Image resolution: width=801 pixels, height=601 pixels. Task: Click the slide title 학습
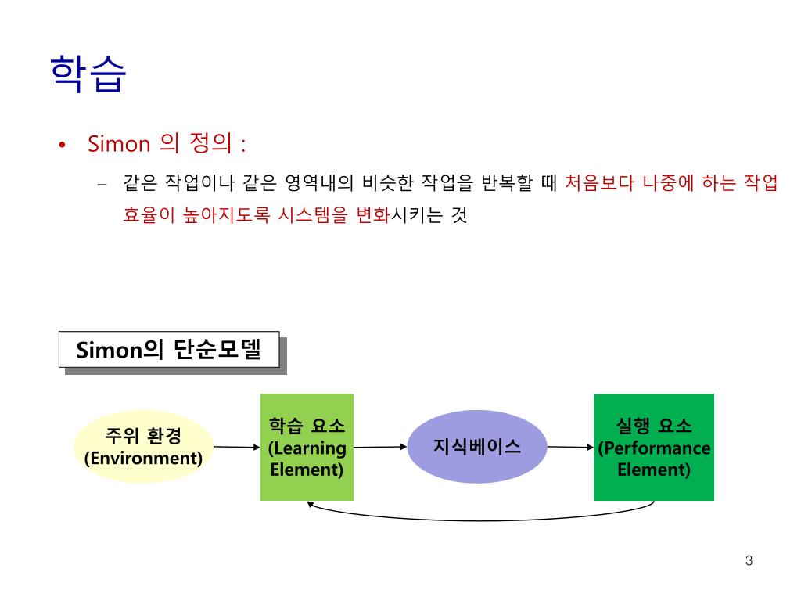click(x=86, y=74)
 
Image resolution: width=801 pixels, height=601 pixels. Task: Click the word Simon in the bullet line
click(x=118, y=144)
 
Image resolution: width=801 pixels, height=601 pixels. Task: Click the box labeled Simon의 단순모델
click(x=169, y=349)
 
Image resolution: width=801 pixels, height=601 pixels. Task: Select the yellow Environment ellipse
click(x=143, y=447)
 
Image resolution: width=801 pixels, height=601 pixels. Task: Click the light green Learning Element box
click(x=307, y=447)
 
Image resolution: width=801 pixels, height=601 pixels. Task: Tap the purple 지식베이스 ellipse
click(x=477, y=447)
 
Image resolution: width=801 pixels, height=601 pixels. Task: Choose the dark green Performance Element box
click(x=654, y=447)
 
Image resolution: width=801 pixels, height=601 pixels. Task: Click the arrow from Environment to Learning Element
click(x=236, y=447)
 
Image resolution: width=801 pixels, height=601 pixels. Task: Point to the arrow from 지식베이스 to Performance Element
click(x=569, y=447)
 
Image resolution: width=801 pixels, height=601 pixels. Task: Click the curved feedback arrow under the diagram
click(x=477, y=517)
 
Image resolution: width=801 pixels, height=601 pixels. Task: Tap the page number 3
click(x=749, y=560)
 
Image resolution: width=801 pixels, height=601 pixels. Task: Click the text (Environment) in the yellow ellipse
click(x=143, y=458)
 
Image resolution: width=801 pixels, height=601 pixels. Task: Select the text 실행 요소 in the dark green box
click(x=654, y=426)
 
